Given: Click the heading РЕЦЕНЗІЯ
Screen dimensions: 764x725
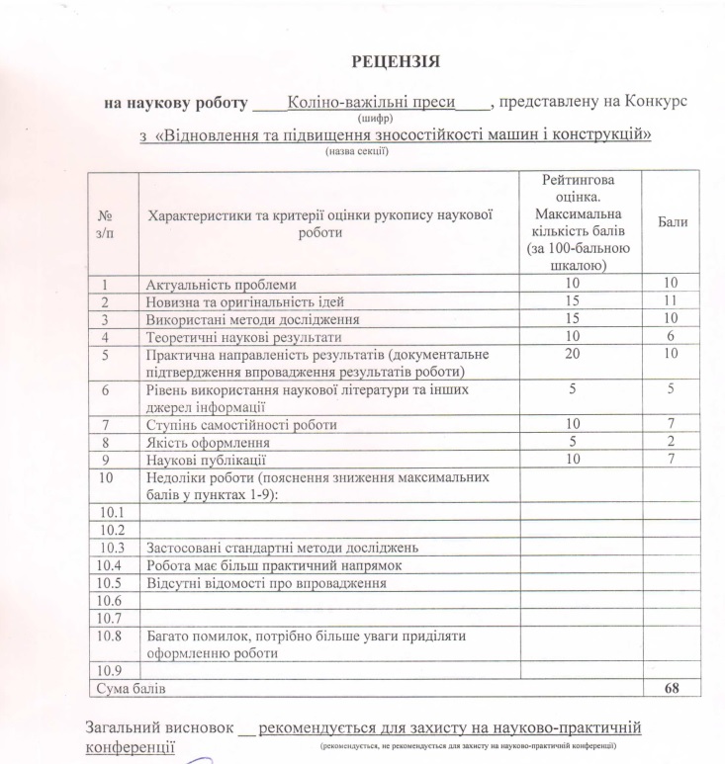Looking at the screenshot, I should (x=396, y=62).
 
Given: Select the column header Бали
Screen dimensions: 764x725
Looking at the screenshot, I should (x=673, y=222).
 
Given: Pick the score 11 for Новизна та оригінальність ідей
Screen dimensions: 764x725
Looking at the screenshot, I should (x=672, y=301).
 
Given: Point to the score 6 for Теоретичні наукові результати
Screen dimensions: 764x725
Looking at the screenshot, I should (x=672, y=336).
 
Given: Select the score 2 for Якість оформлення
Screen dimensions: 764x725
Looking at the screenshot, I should (x=672, y=443).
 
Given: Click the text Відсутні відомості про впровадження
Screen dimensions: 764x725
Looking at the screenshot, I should (x=265, y=583).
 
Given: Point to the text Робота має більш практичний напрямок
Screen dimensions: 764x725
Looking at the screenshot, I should (x=273, y=565).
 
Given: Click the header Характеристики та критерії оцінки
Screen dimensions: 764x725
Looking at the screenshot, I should (x=319, y=213).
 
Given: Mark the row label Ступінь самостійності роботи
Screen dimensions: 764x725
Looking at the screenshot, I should (x=241, y=425).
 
